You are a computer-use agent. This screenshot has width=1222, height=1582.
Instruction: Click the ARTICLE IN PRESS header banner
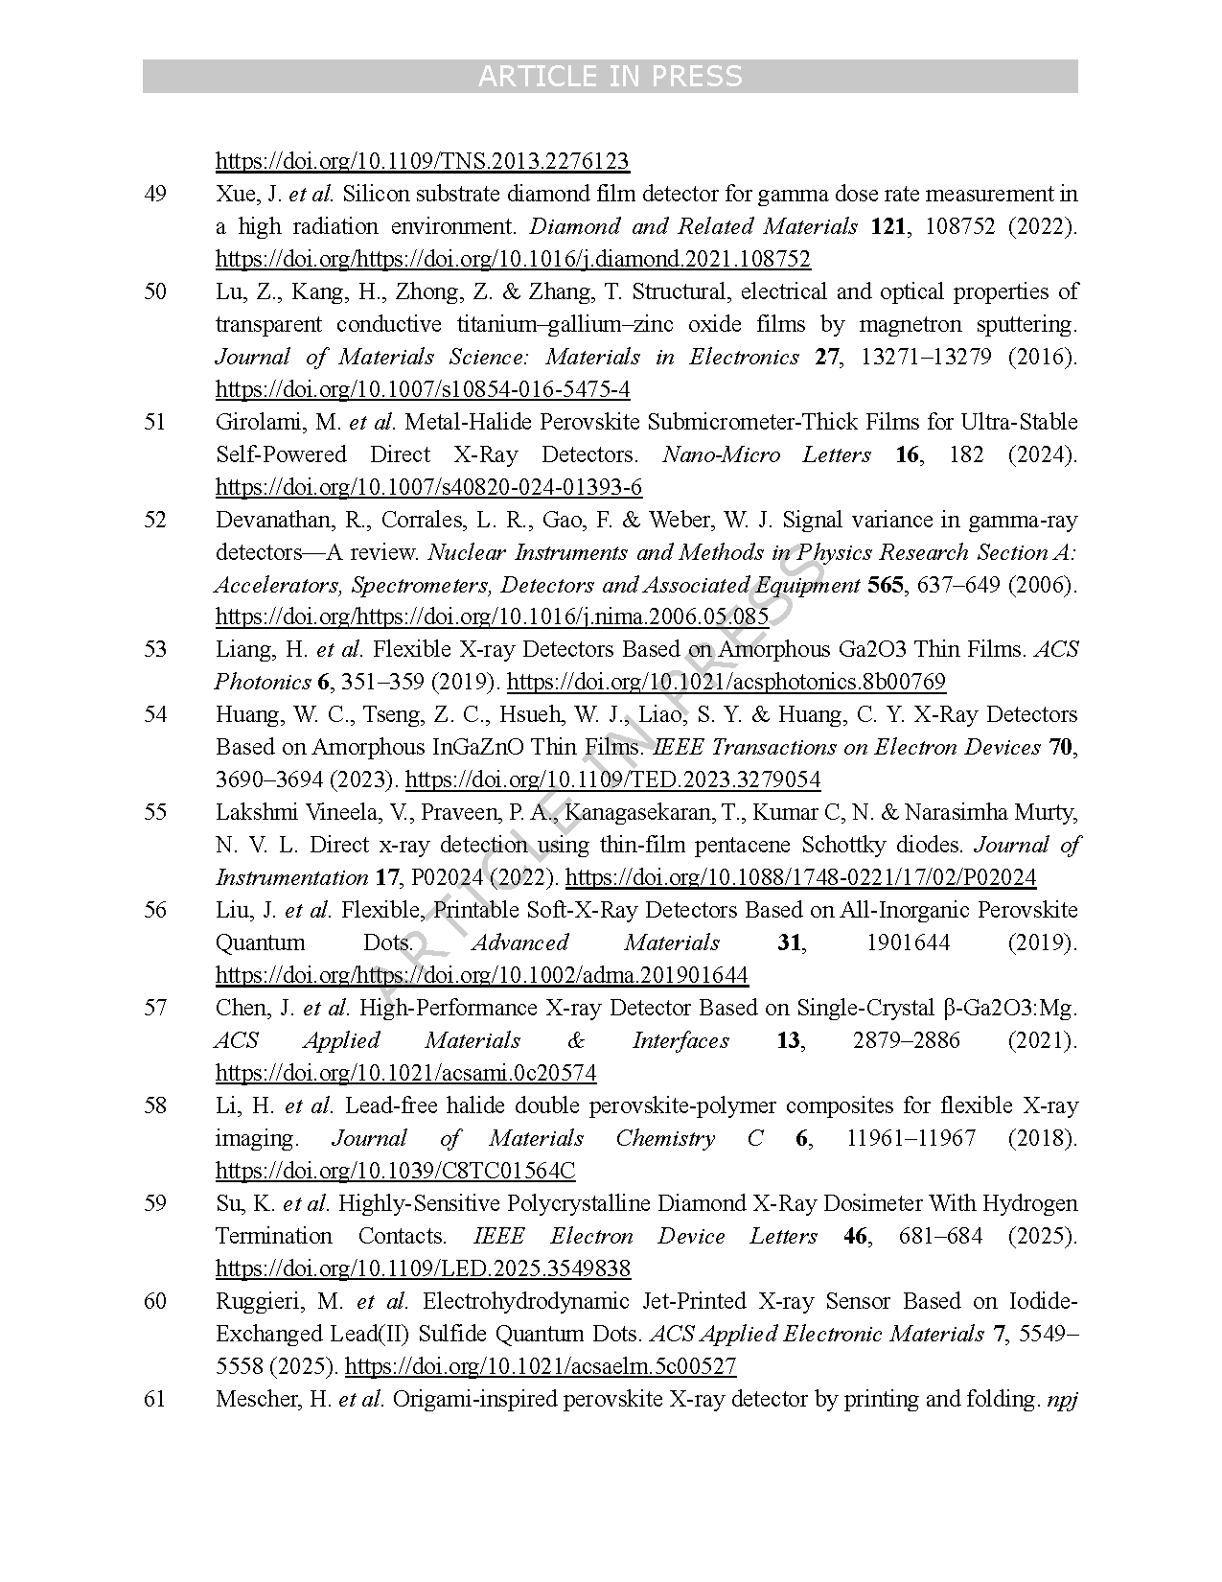[x=610, y=76]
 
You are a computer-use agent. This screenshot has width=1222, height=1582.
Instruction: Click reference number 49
[x=155, y=194]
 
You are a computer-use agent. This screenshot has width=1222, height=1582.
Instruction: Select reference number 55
[x=155, y=812]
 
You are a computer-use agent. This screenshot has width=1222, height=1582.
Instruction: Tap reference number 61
[x=155, y=1399]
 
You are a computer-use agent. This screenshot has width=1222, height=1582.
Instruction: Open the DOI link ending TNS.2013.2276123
[x=422, y=161]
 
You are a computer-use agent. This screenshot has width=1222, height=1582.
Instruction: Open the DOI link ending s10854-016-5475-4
[x=422, y=389]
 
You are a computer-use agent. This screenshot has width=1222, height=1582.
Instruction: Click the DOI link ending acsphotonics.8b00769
[x=726, y=682]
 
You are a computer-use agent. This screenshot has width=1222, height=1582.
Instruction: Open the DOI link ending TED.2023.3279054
[x=612, y=779]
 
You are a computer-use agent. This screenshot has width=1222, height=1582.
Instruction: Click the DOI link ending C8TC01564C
[x=395, y=1171]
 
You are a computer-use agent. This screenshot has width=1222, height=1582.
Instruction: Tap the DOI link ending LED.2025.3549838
[x=423, y=1268]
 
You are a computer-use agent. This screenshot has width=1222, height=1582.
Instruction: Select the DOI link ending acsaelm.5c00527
[x=541, y=1366]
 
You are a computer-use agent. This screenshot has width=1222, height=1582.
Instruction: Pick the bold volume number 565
[x=885, y=585]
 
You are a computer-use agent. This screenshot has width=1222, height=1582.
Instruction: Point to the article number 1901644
[x=908, y=942]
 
